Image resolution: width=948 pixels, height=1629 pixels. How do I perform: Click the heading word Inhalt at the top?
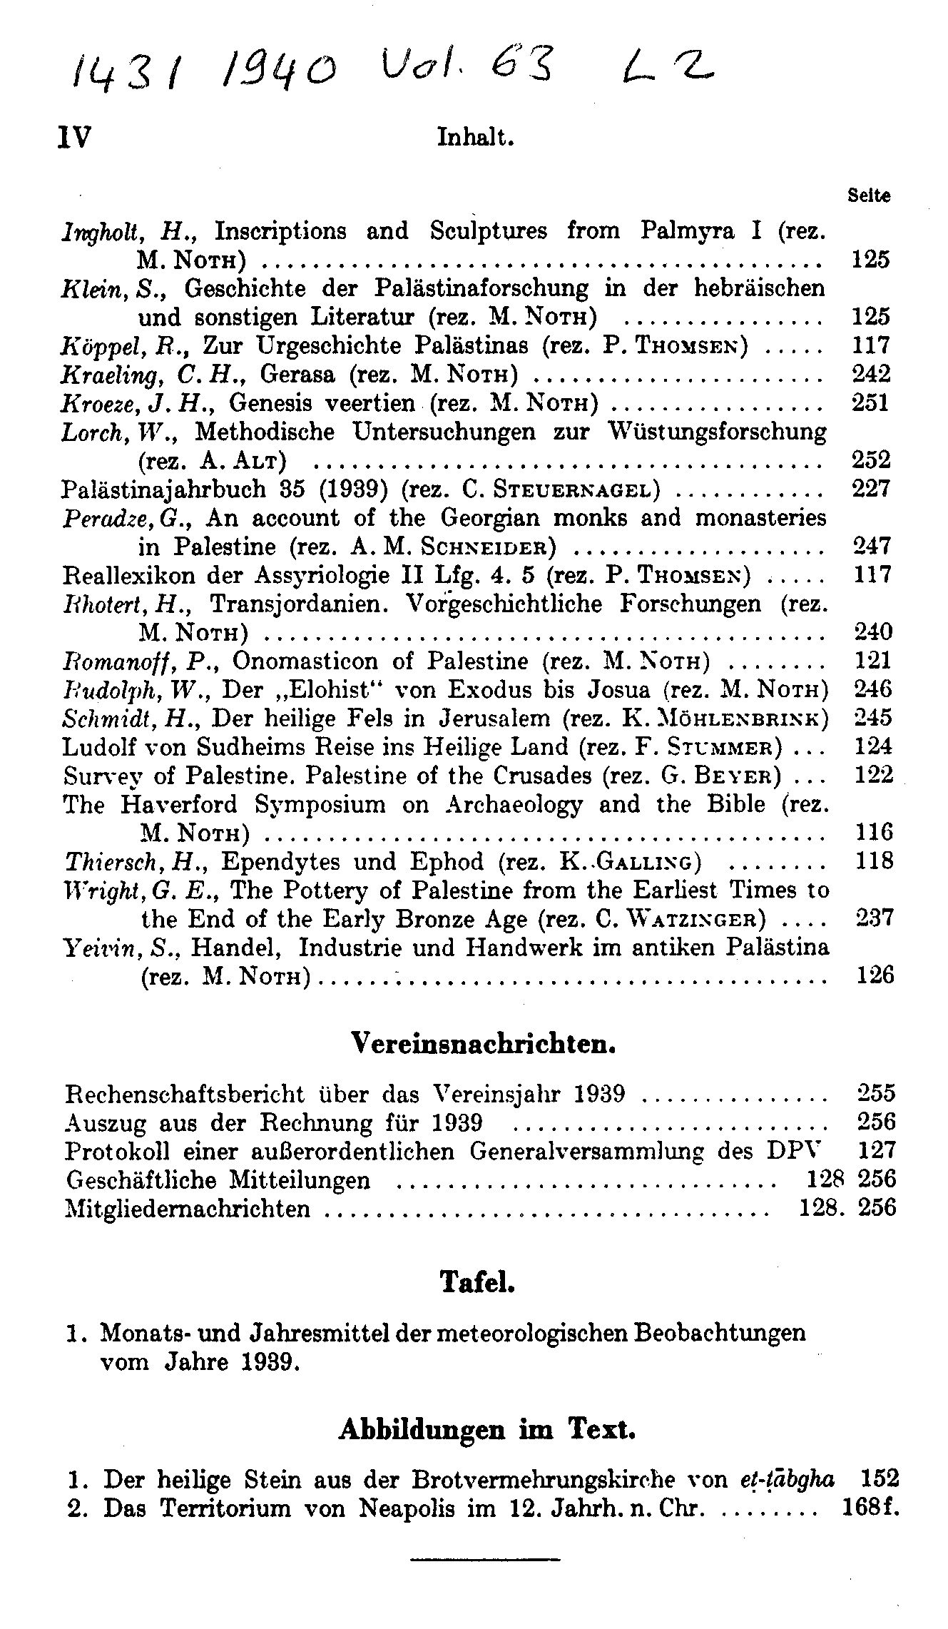[x=475, y=136]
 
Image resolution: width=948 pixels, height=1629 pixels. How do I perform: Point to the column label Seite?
[x=869, y=196]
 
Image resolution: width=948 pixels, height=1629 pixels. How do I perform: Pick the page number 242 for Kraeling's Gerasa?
[x=872, y=373]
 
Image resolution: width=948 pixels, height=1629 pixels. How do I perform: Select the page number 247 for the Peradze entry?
[x=872, y=547]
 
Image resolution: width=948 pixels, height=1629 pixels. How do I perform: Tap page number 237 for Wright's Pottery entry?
[x=873, y=918]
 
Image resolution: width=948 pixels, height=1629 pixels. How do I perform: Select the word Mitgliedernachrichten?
[x=188, y=1208]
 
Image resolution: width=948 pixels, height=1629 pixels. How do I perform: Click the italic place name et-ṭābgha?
[x=788, y=1478]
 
